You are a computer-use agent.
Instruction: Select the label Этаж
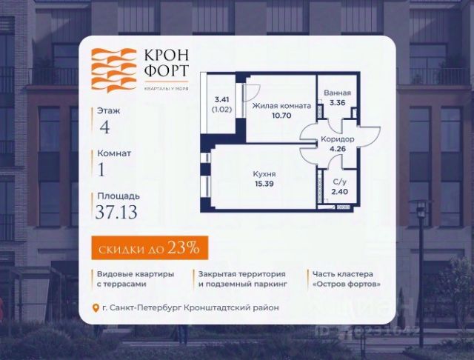108,110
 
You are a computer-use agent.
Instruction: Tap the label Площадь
118,196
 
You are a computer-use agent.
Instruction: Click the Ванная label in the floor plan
337,93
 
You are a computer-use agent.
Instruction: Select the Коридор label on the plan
338,139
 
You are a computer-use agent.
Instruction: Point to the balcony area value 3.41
221,98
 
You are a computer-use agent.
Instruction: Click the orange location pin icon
94,308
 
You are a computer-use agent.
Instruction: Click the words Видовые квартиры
134,274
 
